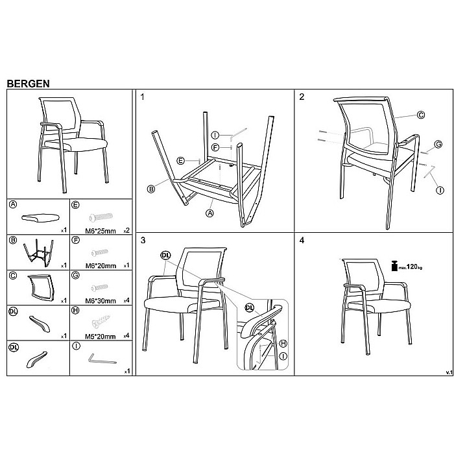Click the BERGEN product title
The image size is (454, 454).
28,84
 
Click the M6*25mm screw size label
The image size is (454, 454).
101,231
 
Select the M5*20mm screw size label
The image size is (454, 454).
100,337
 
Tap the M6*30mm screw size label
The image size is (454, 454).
101,301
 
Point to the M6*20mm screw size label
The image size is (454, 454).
101,266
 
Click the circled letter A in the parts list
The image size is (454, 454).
13,204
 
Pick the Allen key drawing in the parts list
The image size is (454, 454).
102,359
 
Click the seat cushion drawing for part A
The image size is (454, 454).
40,218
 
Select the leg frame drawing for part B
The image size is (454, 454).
38,252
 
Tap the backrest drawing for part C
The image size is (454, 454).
40,287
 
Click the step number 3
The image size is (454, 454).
143,241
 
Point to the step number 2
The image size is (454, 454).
302,97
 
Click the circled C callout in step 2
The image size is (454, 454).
421,115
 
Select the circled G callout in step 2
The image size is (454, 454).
438,144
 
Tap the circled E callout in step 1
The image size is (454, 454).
180,161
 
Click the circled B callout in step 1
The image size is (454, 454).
151,189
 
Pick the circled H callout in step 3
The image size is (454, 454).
283,343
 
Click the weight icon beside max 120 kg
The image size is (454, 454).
394,266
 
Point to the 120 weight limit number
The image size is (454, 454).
412,267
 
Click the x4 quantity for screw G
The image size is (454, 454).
126,301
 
